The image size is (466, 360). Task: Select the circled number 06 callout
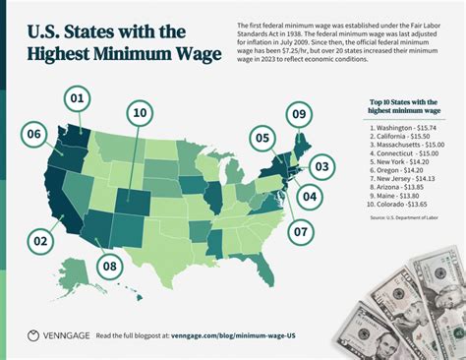(34, 134)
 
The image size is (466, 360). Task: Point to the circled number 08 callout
(110, 266)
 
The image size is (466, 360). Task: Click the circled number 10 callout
(140, 114)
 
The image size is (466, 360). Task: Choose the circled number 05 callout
(262, 139)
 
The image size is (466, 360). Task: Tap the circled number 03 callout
(321, 168)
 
